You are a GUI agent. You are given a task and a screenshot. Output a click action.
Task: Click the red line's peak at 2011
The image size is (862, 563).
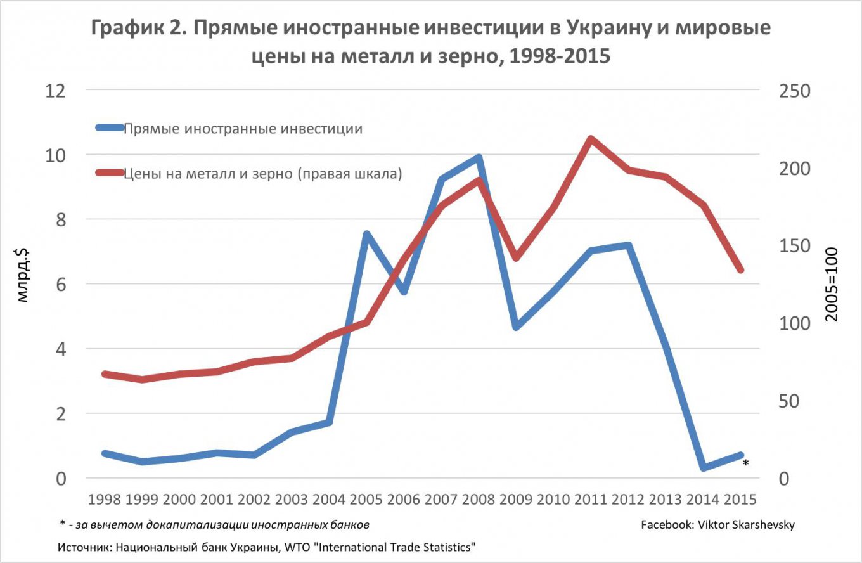point(590,139)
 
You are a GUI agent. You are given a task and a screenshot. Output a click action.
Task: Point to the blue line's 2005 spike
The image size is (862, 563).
point(366,234)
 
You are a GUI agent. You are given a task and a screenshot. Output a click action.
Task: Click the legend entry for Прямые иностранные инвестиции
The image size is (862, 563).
point(242,129)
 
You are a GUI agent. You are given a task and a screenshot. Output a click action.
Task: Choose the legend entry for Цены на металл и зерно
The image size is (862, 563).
point(262,173)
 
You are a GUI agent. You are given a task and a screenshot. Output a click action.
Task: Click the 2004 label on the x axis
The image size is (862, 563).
point(329,499)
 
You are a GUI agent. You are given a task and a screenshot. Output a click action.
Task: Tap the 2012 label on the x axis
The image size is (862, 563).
point(627,499)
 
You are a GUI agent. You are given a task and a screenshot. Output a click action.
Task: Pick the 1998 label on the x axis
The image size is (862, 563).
point(105,499)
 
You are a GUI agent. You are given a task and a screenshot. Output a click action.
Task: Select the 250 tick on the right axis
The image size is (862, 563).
point(794,90)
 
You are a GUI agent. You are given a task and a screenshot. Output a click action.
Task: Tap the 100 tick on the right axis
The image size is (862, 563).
point(794,323)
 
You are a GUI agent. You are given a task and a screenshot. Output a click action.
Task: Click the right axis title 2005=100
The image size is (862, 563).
point(832,284)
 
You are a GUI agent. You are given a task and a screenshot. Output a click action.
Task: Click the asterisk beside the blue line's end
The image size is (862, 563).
point(746,463)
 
